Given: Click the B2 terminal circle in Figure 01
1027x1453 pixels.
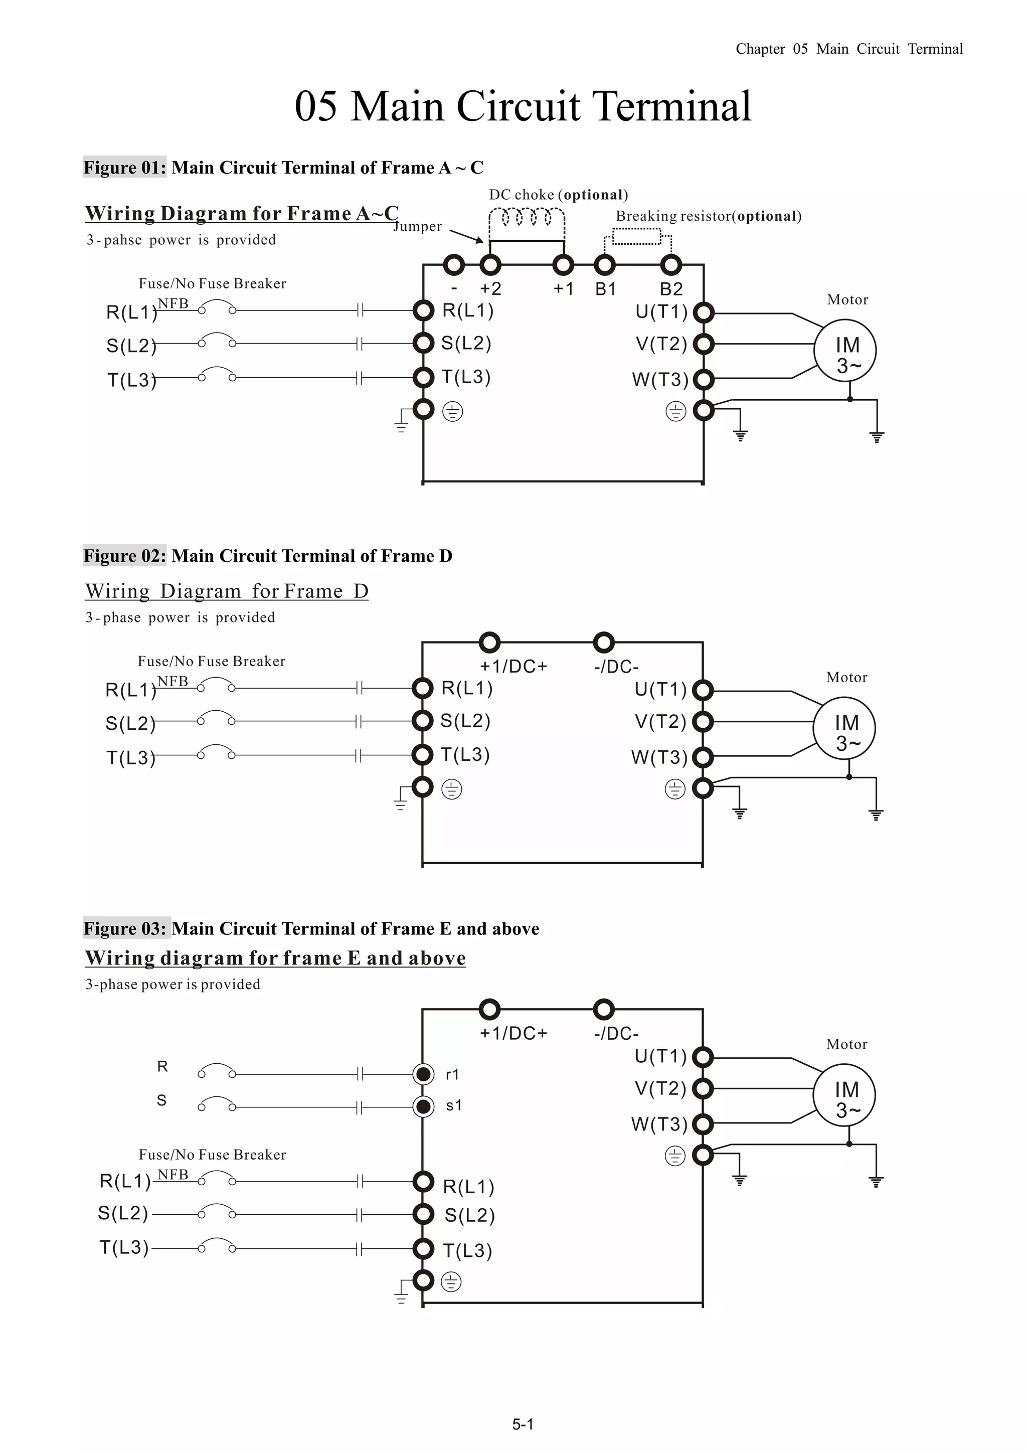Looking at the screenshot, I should click(671, 264).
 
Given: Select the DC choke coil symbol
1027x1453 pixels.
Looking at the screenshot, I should click(527, 218).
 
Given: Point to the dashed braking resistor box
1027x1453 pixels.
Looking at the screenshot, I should click(637, 237).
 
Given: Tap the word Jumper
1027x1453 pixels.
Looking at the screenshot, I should click(418, 227).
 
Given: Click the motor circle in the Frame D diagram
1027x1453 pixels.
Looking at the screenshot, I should click(844, 728).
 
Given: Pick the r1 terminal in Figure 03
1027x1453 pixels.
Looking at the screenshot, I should click(423, 1074).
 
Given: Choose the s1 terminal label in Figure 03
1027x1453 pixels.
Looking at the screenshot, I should click(454, 1105).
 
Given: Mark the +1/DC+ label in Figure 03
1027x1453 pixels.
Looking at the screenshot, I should click(513, 1033).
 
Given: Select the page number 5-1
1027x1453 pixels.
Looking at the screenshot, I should click(523, 1424).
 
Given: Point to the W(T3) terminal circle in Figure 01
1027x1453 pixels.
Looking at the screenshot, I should click(704, 380).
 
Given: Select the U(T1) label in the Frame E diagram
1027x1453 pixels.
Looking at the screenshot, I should click(660, 1056).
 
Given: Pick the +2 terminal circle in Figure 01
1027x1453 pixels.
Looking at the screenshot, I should click(490, 264).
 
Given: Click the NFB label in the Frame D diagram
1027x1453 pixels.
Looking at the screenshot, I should click(173, 681).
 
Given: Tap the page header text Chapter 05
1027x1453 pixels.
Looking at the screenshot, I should click(771, 49).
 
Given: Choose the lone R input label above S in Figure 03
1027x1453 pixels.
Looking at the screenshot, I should click(162, 1066).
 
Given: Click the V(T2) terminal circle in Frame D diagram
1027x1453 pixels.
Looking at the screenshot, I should click(703, 721).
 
